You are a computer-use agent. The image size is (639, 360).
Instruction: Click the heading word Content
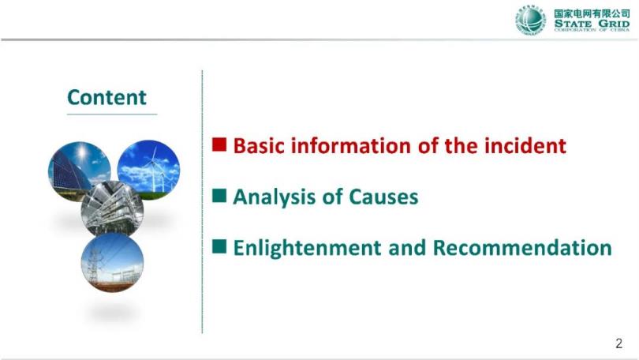[x=106, y=97]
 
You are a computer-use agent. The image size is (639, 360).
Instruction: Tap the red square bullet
[x=219, y=144]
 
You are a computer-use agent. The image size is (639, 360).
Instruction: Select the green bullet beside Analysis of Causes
[x=219, y=196]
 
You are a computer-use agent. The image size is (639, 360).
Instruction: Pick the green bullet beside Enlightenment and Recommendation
[x=219, y=246]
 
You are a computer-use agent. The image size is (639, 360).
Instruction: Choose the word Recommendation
[x=522, y=247]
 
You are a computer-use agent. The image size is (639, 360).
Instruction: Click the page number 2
[x=618, y=343]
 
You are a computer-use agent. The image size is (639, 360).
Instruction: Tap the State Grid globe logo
[x=530, y=21]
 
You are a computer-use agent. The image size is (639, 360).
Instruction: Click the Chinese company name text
[x=592, y=13]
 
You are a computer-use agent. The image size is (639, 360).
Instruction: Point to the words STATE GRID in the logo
[x=592, y=24]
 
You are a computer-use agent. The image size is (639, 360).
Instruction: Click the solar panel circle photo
[x=79, y=171]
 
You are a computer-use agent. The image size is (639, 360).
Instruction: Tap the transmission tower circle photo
[x=112, y=262]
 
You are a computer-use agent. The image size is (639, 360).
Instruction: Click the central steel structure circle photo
[x=112, y=208]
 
